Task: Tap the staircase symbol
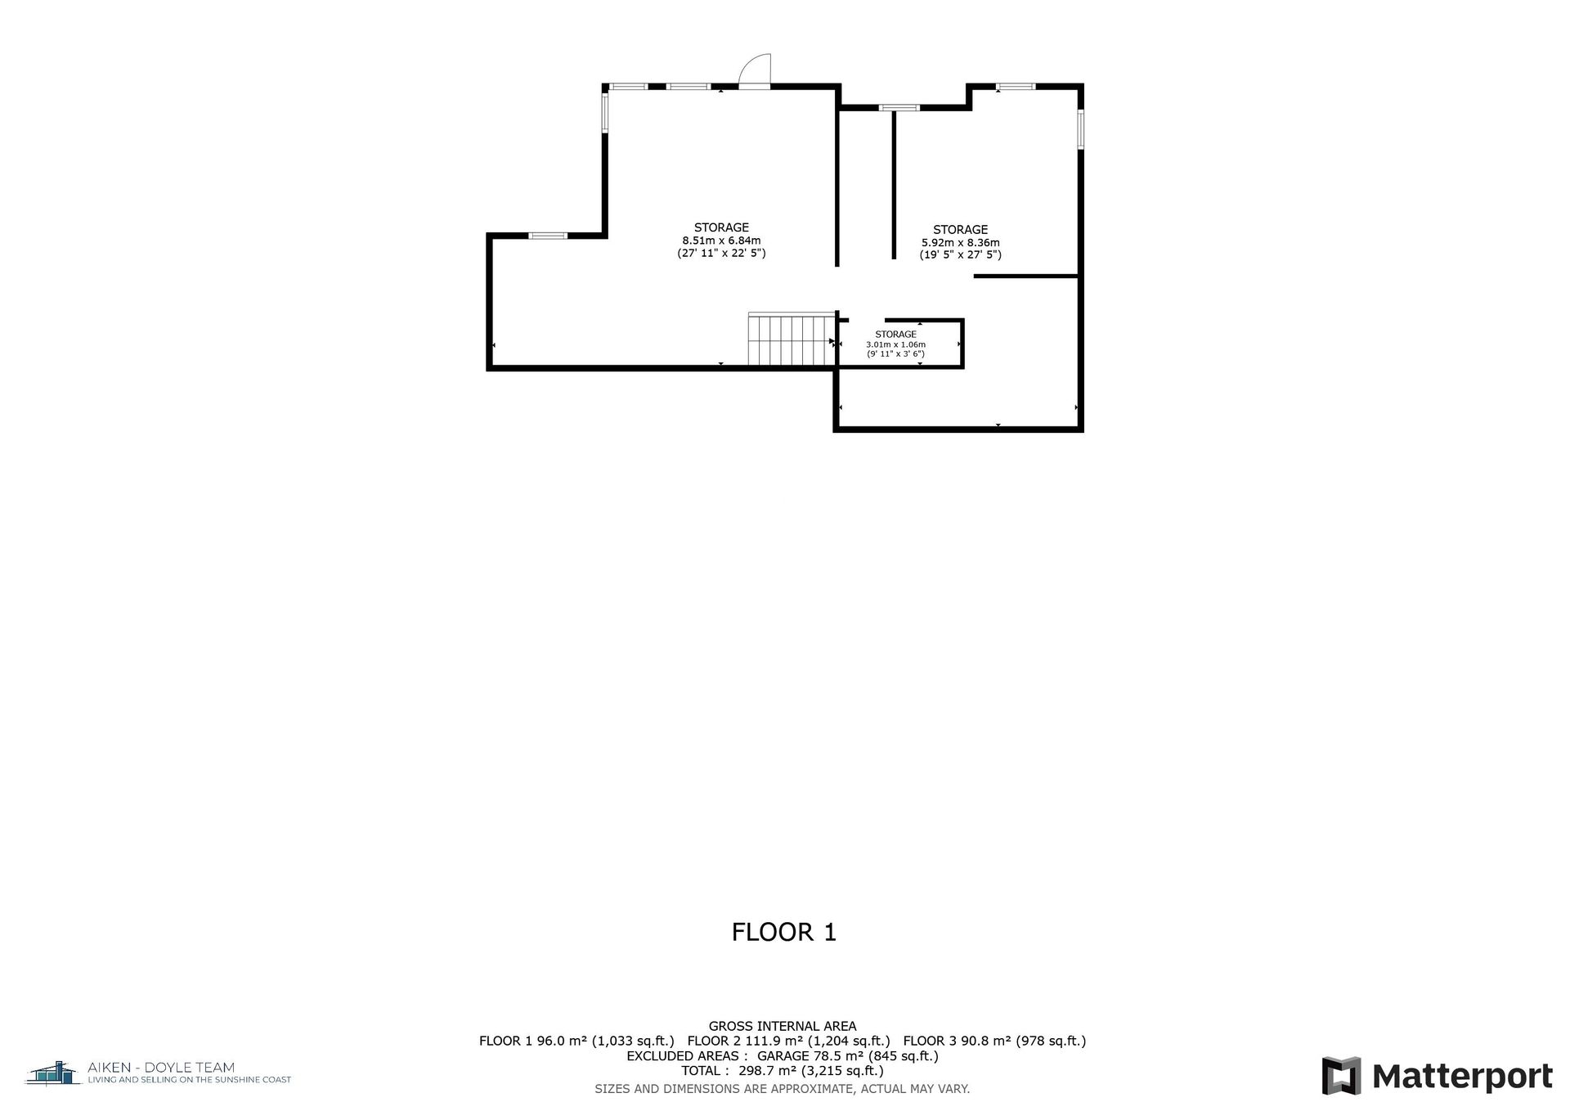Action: click(x=792, y=339)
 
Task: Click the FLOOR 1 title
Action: click(x=784, y=932)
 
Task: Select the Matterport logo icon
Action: click(x=1341, y=1076)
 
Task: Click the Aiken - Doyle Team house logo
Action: click(x=54, y=1072)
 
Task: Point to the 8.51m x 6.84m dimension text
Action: click(x=721, y=241)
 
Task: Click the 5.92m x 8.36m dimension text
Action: click(x=961, y=243)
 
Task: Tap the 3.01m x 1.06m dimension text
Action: click(x=895, y=344)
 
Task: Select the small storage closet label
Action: click(x=895, y=335)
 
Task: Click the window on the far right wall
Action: click(x=1080, y=129)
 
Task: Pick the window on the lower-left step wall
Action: click(x=547, y=236)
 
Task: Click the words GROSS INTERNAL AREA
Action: click(x=783, y=1026)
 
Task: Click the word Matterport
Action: click(x=1462, y=1077)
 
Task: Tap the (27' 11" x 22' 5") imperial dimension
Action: click(x=721, y=254)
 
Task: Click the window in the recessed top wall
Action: click(x=899, y=107)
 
